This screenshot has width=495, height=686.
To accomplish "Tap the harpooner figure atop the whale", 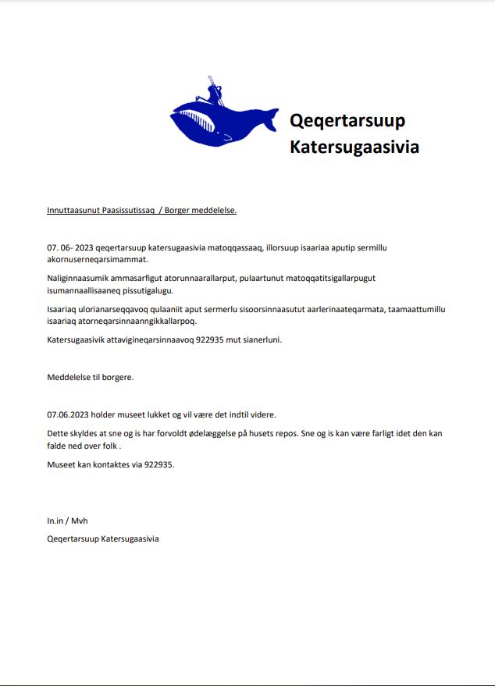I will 215,91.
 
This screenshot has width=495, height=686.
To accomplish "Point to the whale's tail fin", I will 268,119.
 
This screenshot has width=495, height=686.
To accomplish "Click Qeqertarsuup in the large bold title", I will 347,121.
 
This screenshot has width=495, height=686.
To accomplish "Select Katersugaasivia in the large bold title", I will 354,147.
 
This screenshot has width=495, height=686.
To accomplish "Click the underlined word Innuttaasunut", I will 73,210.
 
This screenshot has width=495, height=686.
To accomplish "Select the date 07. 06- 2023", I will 70,248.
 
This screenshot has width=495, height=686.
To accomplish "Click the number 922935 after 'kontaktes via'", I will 158,464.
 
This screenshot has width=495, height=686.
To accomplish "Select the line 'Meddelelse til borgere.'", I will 91,378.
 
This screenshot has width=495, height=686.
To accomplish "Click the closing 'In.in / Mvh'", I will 62,521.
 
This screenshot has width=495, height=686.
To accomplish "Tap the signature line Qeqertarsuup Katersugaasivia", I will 103,539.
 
